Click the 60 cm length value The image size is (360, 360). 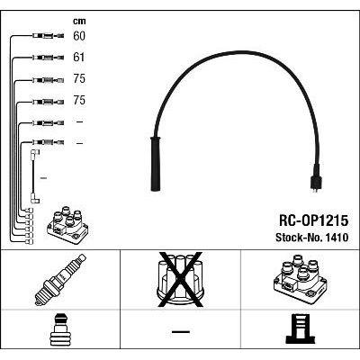coord(79,36)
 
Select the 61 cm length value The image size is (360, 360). coord(79,58)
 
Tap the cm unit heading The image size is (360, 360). coord(79,21)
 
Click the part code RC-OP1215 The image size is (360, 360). coord(313,220)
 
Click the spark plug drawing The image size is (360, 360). coord(60,280)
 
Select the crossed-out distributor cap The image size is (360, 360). coord(181,280)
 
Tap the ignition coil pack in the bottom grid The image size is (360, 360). coord(301,279)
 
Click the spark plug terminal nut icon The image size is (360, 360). coord(60,330)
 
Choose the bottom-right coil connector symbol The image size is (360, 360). coord(301,328)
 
